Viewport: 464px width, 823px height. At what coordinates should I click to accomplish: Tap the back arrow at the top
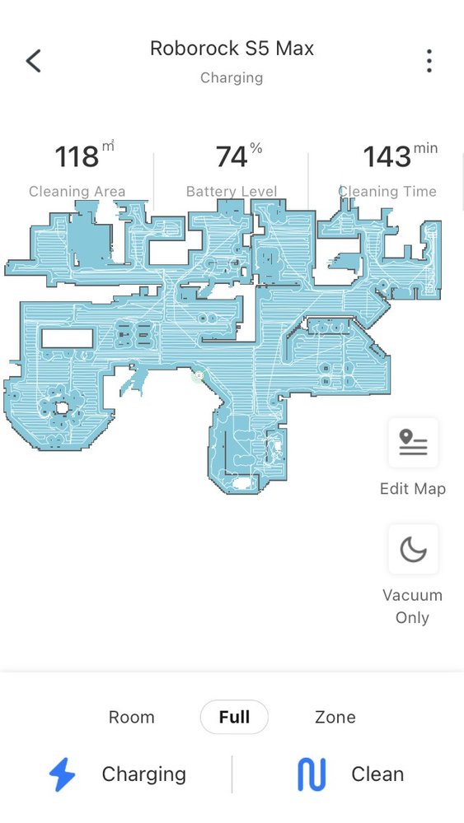point(33,61)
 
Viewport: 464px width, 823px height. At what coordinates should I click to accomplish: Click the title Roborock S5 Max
point(232,49)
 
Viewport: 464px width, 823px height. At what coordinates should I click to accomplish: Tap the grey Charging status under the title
point(232,77)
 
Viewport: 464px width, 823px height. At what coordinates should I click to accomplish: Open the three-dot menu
point(429,61)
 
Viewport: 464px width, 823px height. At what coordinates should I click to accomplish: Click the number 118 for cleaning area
point(77,156)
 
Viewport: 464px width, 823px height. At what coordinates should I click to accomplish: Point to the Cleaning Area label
point(77,192)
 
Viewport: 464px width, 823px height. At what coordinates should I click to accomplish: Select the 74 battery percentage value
point(232,156)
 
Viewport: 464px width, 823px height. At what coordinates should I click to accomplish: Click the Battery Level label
point(232,192)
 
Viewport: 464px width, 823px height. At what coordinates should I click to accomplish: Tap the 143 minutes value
point(387,156)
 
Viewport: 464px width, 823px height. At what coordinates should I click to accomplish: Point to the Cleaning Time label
point(387,192)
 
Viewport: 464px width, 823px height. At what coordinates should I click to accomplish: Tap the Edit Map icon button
point(413,443)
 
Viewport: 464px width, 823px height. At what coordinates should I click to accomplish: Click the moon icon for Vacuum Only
point(413,550)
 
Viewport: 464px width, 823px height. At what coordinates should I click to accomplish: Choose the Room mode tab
point(131,717)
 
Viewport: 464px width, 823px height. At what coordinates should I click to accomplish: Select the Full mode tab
point(234,717)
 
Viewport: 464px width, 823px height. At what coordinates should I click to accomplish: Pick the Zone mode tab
point(335,717)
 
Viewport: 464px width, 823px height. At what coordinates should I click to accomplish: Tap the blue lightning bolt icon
point(62,774)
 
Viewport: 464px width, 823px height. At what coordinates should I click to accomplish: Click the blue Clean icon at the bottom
point(312,774)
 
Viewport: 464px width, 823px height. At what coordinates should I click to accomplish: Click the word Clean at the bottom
point(377,774)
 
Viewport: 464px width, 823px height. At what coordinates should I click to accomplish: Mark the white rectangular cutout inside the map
point(68,338)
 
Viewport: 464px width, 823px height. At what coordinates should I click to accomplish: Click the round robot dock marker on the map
point(199,376)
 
